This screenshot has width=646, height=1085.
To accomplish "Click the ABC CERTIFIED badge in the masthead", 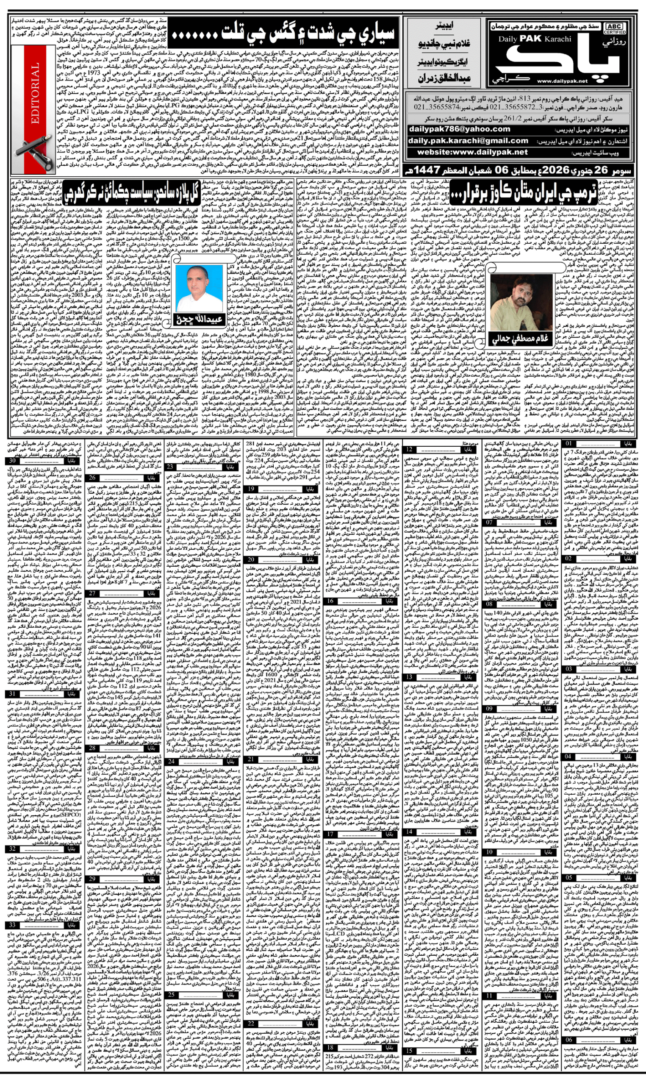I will tap(614, 28).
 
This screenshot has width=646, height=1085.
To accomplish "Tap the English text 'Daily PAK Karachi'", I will tap(535, 39).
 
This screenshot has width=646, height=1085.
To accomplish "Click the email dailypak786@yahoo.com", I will tap(459, 129).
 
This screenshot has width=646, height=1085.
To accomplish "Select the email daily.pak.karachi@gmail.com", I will tap(468, 141).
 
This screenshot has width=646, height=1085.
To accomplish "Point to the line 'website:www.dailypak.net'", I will tap(472, 152).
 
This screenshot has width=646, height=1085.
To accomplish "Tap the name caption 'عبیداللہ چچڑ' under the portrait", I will tap(199, 319).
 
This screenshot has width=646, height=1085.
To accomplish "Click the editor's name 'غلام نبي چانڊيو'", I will tap(444, 44).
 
